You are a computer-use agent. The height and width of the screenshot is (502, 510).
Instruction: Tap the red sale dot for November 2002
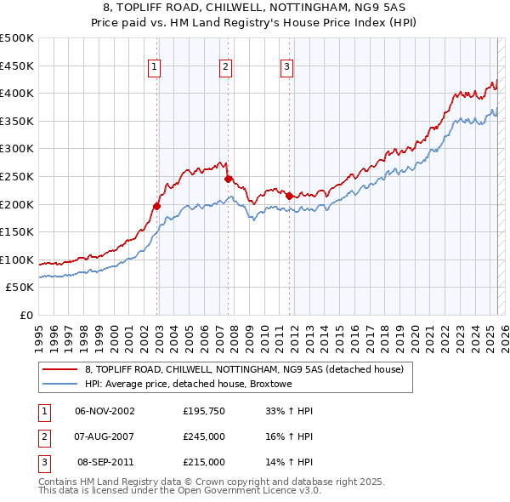pos(157,206)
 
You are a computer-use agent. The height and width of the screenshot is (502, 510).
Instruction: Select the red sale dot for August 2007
pos(228,179)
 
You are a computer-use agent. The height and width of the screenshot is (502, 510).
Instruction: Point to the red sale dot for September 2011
pos(290,196)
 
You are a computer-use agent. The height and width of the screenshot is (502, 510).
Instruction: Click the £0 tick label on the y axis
pos(25,315)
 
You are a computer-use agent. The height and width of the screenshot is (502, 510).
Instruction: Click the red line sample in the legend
pos(59,369)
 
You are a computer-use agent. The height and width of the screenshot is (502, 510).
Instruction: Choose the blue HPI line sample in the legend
pos(59,384)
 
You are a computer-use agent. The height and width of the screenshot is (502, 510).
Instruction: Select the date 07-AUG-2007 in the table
pos(105,436)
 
